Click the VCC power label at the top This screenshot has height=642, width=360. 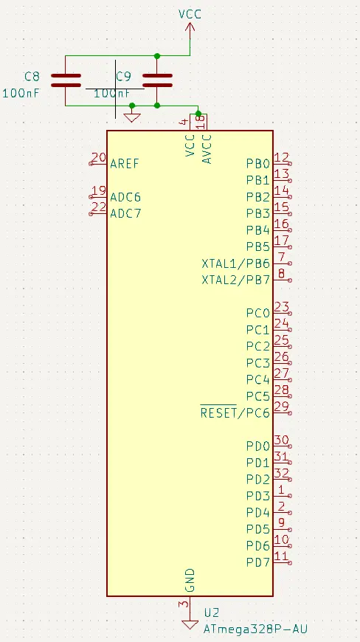(x=190, y=14)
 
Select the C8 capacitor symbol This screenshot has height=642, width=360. (x=66, y=80)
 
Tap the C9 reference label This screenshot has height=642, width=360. (x=123, y=76)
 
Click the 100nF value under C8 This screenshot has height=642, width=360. (x=21, y=93)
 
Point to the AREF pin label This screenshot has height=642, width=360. (x=125, y=164)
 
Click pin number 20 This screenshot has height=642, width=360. (x=99, y=158)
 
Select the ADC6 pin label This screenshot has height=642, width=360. (x=125, y=197)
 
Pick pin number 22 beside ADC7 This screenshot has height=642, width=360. (x=99, y=207)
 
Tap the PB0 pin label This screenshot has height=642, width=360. (x=258, y=164)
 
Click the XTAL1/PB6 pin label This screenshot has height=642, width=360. (x=235, y=263)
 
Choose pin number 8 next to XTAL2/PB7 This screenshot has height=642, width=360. (x=282, y=274)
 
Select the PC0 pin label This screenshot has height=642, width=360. (x=258, y=313)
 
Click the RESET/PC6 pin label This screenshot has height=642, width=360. (x=235, y=413)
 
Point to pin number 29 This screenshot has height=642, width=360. (x=282, y=407)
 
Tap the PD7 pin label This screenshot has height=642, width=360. (x=258, y=562)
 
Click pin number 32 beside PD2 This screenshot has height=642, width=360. (x=282, y=473)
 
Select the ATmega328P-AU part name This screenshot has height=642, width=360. (x=256, y=629)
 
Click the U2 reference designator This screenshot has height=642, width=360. (x=212, y=612)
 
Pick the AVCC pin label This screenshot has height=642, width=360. (x=207, y=149)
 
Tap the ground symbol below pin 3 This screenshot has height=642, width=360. (x=190, y=625)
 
